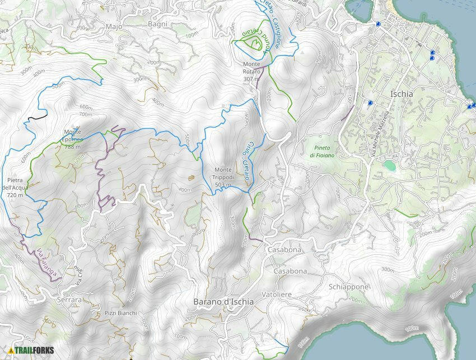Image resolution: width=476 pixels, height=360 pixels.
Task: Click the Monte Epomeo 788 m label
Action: (73, 139)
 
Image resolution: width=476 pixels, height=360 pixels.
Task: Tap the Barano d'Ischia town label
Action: (223, 302)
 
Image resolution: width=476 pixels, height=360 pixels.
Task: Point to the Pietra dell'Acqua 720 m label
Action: (15, 188)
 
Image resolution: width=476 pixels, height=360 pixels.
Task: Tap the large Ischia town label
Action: (402, 94)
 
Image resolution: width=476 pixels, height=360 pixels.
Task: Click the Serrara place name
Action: (69, 300)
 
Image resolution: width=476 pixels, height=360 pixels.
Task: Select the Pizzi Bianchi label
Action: (120, 313)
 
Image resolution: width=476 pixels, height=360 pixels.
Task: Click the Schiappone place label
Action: (349, 287)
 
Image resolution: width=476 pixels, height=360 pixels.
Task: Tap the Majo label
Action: (113, 26)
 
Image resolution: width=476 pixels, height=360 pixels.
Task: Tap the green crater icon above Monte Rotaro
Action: (253, 42)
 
